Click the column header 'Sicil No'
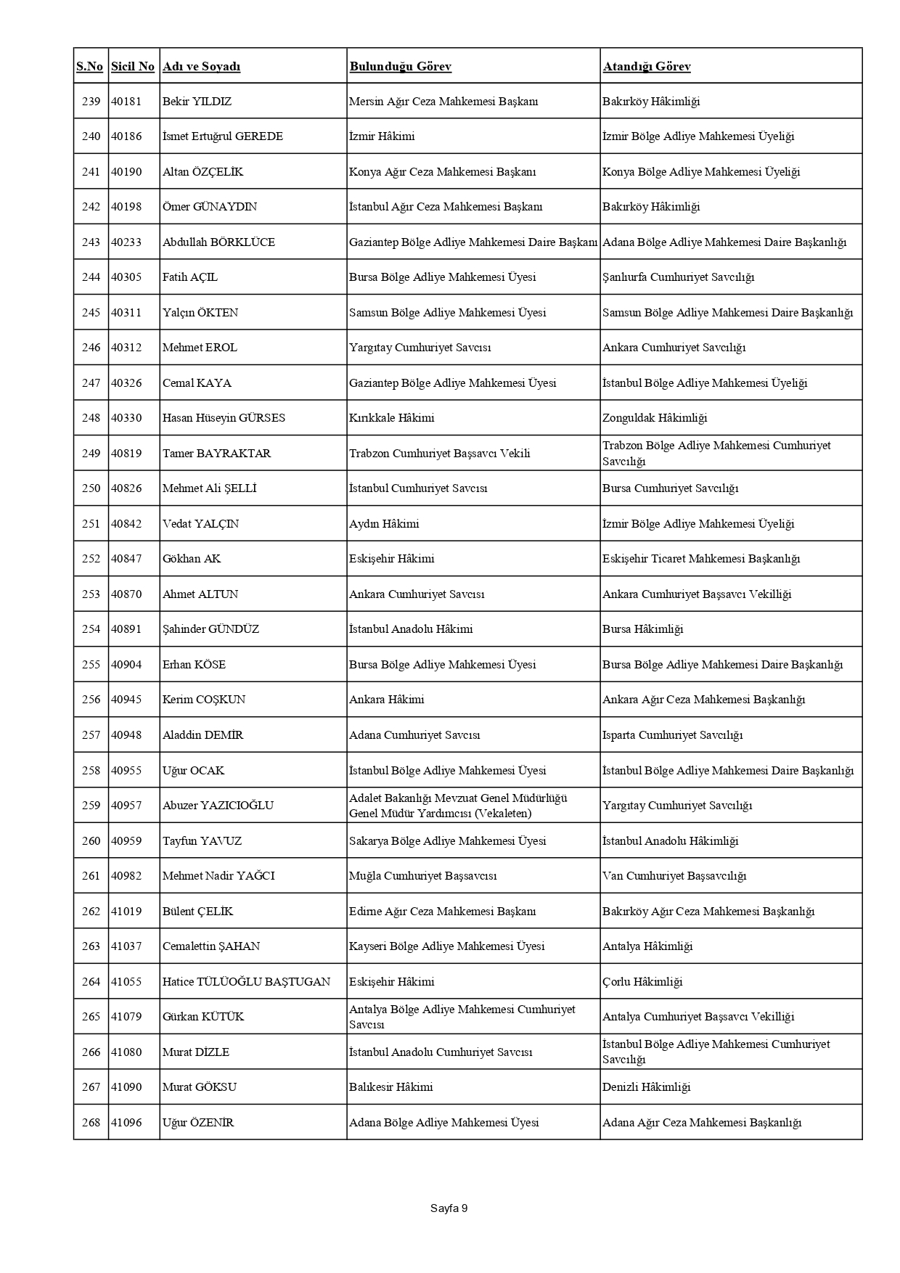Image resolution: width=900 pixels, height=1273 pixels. tap(133, 67)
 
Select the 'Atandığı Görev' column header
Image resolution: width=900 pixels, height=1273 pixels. tap(646, 67)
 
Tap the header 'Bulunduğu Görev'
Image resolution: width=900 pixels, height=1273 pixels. tap(400, 67)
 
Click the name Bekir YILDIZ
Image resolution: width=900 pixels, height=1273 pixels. tap(197, 102)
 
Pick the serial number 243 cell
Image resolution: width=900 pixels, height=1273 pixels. tap(91, 242)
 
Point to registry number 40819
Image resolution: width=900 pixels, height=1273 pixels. tap(126, 454)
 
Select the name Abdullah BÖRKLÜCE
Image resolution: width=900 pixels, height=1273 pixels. tap(218, 242)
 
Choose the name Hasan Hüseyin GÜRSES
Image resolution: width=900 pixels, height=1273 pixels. tap(224, 418)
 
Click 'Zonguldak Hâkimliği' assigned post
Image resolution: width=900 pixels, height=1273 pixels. tap(654, 418)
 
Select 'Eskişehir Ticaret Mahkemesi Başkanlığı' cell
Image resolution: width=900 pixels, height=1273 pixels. tap(700, 559)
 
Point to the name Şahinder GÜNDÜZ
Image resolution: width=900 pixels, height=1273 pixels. tap(210, 629)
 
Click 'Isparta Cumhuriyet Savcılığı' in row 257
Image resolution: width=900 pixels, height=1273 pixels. tap(672, 735)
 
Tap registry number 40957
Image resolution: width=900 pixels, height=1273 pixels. tap(126, 806)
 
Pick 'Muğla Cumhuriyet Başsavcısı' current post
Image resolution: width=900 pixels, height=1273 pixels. tap(422, 876)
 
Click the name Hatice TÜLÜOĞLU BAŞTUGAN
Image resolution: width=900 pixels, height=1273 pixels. tap(246, 982)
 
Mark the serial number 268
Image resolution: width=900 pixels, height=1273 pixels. tap(91, 1123)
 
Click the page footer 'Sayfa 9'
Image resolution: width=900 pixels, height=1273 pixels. tap(449, 1208)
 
